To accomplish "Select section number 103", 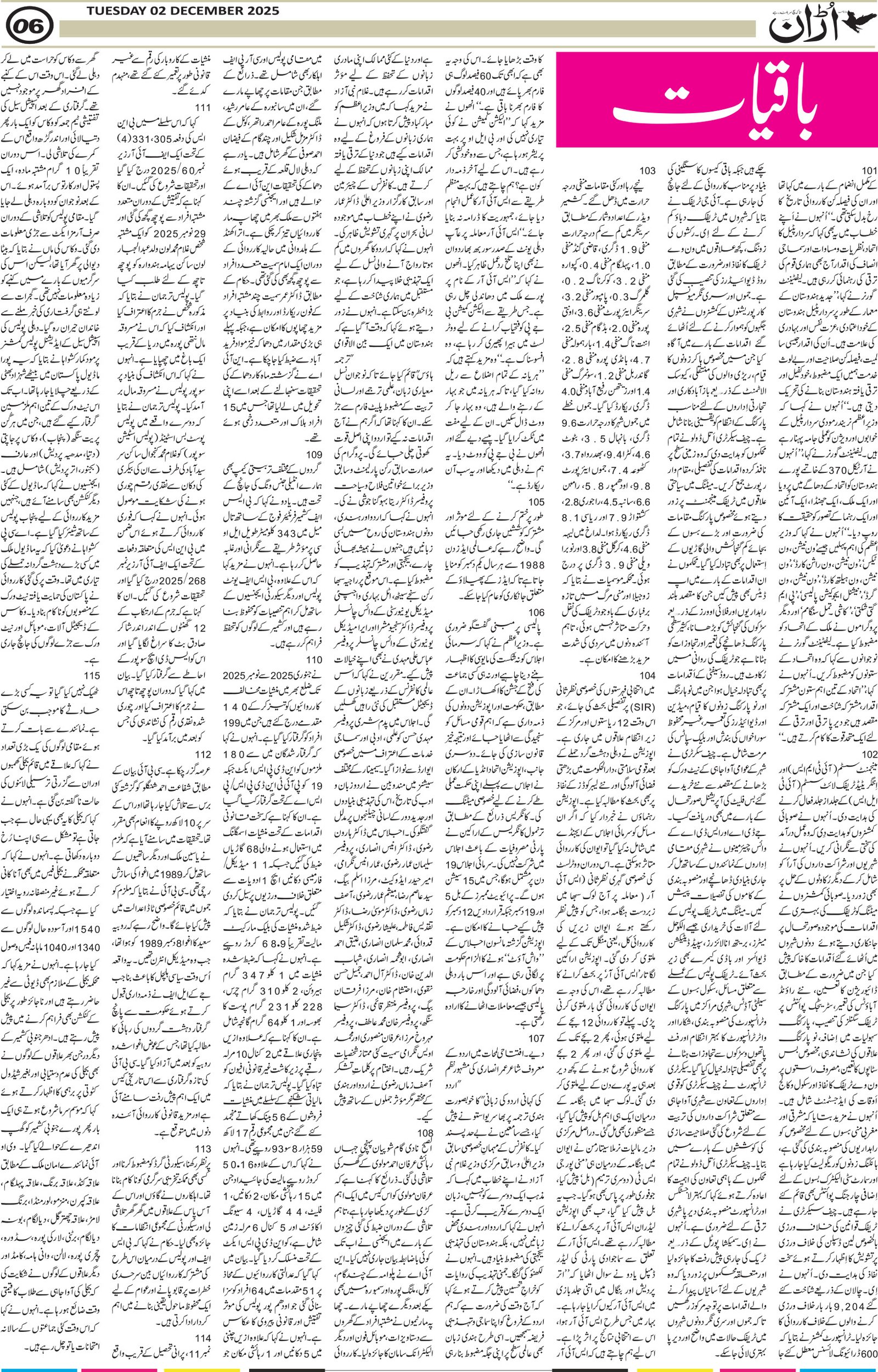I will click(647, 171).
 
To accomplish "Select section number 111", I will click(203, 107).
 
